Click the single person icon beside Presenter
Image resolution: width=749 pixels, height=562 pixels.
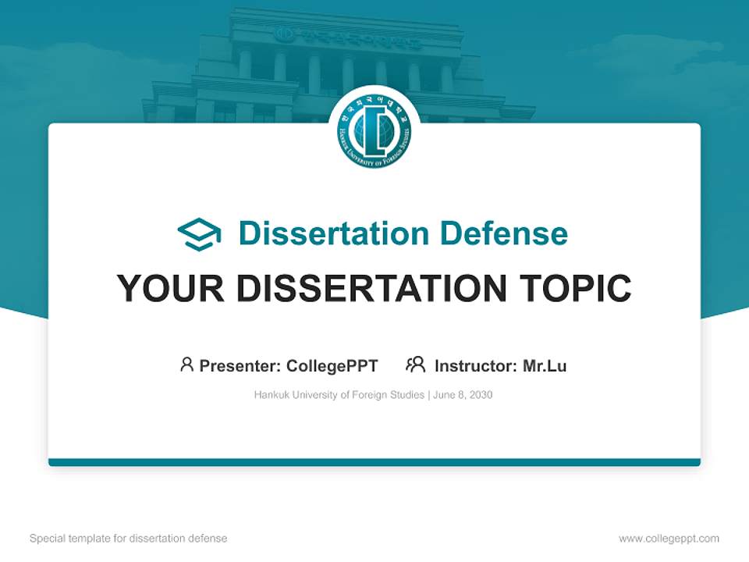pos(186,365)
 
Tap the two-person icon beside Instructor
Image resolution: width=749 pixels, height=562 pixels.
pos(415,365)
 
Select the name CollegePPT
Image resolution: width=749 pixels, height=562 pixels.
pos(332,366)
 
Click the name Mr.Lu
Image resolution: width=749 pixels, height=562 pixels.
pos(545,366)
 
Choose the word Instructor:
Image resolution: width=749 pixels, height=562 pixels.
pos(475,366)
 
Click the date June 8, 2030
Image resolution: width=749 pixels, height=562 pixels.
pos(463,395)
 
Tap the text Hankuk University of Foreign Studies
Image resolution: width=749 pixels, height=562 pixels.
pos(339,395)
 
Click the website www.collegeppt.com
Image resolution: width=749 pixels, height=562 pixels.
pos(669,539)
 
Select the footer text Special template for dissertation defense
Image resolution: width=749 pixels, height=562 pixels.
pos(129,539)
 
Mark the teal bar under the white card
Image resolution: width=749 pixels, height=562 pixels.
pos(374,462)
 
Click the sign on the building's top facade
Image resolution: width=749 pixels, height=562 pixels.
pos(349,37)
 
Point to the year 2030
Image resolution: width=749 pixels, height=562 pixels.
pos(481,395)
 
